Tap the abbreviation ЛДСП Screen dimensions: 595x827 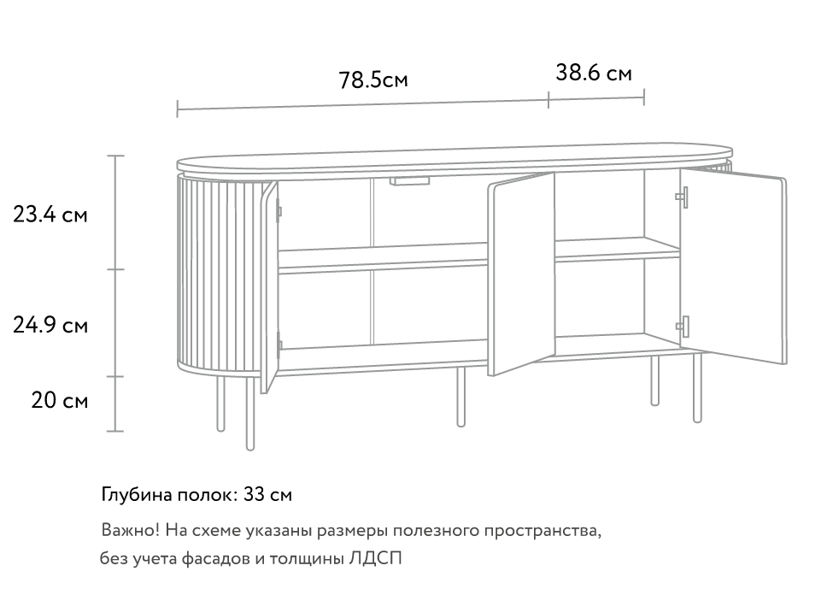click(375, 559)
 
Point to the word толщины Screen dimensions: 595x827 click(308, 559)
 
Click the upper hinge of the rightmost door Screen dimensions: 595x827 click(683, 197)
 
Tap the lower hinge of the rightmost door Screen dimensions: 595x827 click(683, 325)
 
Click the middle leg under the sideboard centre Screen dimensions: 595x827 click(461, 398)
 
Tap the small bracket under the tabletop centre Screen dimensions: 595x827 click(411, 181)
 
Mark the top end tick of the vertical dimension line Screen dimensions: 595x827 click(115, 156)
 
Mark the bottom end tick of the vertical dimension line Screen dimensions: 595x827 click(115, 431)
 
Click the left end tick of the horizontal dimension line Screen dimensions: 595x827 click(177, 109)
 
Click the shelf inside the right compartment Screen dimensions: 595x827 click(617, 248)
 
